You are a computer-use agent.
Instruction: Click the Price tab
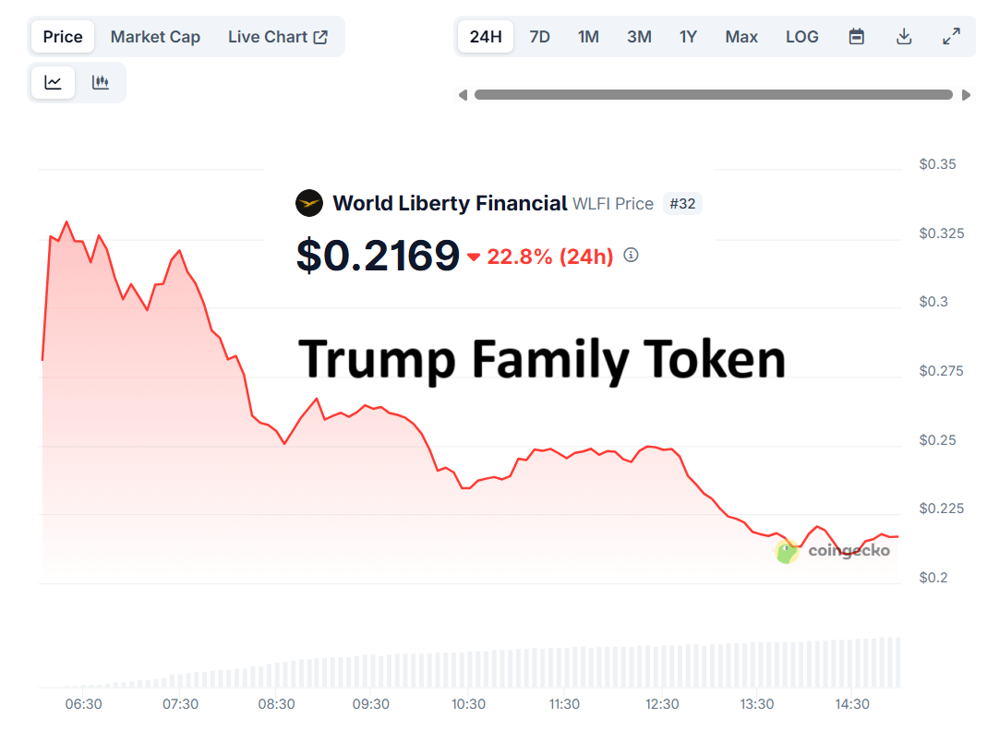(x=62, y=37)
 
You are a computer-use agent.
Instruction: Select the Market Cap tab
(x=155, y=37)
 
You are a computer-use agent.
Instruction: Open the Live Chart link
(x=278, y=37)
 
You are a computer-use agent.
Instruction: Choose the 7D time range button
(x=539, y=37)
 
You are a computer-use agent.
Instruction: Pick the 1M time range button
(x=588, y=37)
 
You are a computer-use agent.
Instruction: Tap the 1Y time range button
(x=688, y=37)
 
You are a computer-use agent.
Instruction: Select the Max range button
(x=741, y=37)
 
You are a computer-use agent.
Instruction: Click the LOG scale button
(x=802, y=37)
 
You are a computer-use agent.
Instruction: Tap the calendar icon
(x=856, y=37)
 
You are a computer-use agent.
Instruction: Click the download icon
(x=904, y=37)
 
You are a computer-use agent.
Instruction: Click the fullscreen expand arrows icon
(x=951, y=37)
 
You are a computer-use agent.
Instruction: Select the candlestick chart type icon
(x=101, y=82)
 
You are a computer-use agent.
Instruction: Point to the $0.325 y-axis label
(x=941, y=233)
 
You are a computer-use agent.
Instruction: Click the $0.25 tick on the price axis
(x=937, y=440)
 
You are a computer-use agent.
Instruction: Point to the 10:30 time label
(x=468, y=704)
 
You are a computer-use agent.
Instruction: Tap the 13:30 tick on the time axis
(x=756, y=704)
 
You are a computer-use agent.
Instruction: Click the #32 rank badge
(x=682, y=204)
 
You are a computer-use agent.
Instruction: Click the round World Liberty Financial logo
(x=309, y=203)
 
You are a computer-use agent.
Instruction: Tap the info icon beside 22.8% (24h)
(x=631, y=255)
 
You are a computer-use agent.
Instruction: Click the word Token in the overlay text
(x=714, y=359)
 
